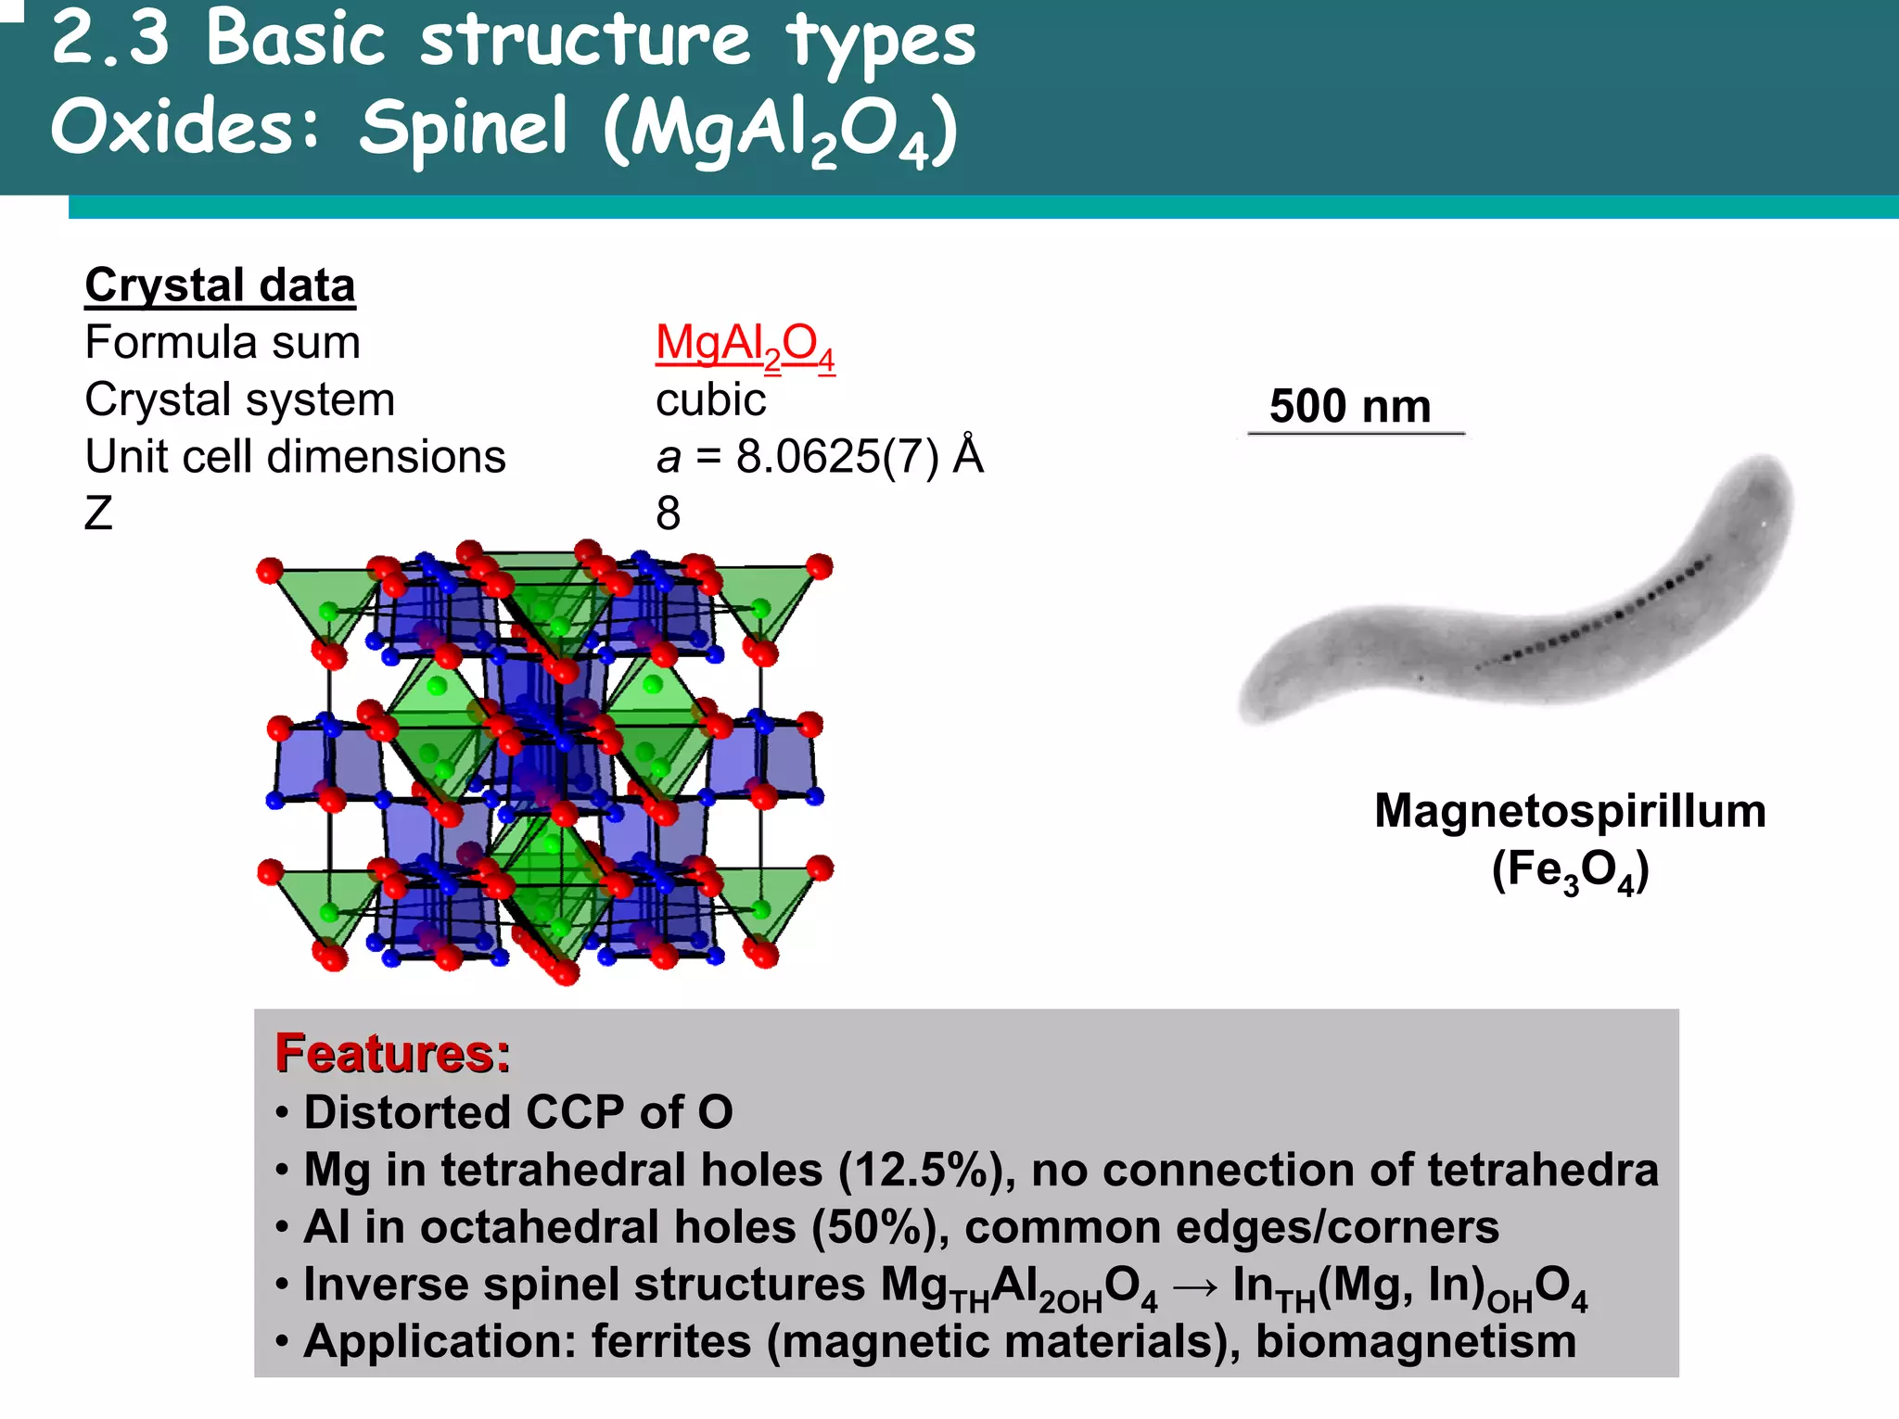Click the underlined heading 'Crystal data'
click(x=220, y=285)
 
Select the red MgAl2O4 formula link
click(x=745, y=345)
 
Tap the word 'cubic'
click(x=710, y=400)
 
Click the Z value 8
click(x=668, y=513)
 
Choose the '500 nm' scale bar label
click(x=1350, y=407)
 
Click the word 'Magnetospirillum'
click(x=1570, y=811)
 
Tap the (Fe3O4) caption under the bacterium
click(x=1570, y=871)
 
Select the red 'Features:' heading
click(x=392, y=1054)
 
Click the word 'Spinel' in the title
click(x=464, y=127)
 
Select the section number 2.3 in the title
click(x=111, y=39)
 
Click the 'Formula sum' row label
click(x=223, y=343)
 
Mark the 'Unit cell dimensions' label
click(x=295, y=457)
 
